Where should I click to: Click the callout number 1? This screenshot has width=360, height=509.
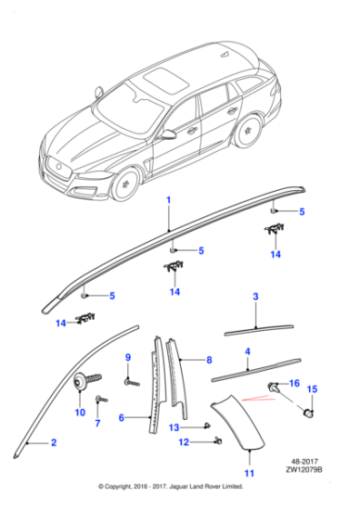(x=168, y=198)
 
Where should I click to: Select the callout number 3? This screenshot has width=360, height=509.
(x=255, y=297)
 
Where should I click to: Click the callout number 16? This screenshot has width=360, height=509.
(x=294, y=384)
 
